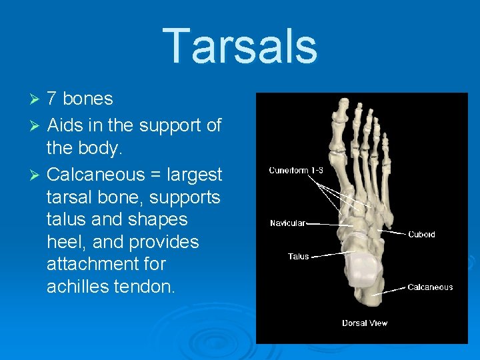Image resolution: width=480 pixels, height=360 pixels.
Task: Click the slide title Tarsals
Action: (240, 47)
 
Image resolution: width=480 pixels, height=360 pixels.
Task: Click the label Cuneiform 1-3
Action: (296, 170)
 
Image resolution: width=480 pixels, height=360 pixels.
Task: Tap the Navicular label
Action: (287, 223)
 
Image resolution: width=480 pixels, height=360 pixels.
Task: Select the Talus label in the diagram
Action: (298, 256)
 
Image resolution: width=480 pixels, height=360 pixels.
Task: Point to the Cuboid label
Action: (421, 234)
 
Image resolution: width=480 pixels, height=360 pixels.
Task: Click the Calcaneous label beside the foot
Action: (430, 287)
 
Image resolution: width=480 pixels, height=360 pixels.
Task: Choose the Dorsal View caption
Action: (365, 323)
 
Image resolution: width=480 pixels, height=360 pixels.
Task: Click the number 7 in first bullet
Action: (52, 99)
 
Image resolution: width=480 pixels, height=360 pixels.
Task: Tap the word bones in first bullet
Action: (88, 99)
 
